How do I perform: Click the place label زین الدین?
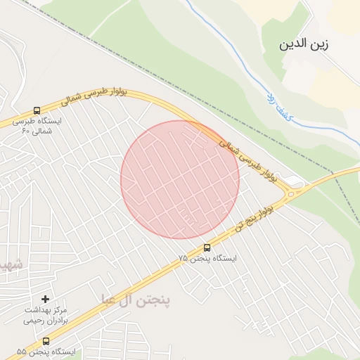click(304, 44)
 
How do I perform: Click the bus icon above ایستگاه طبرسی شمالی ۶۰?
click(37, 110)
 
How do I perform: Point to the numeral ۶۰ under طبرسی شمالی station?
click(27, 131)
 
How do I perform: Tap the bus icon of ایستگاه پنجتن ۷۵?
click(207, 247)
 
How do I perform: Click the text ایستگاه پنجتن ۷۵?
click(207, 259)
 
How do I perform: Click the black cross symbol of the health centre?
click(46, 300)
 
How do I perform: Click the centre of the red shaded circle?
click(180, 179)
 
